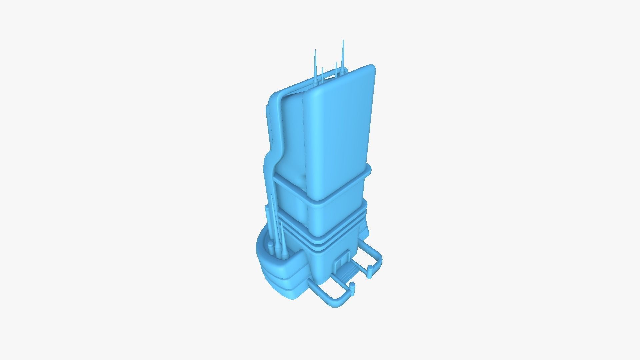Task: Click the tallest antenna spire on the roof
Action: [x=343, y=57]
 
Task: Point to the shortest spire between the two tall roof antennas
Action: [x=322, y=75]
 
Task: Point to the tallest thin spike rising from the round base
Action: [x=273, y=220]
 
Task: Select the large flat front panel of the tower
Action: [x=340, y=130]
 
